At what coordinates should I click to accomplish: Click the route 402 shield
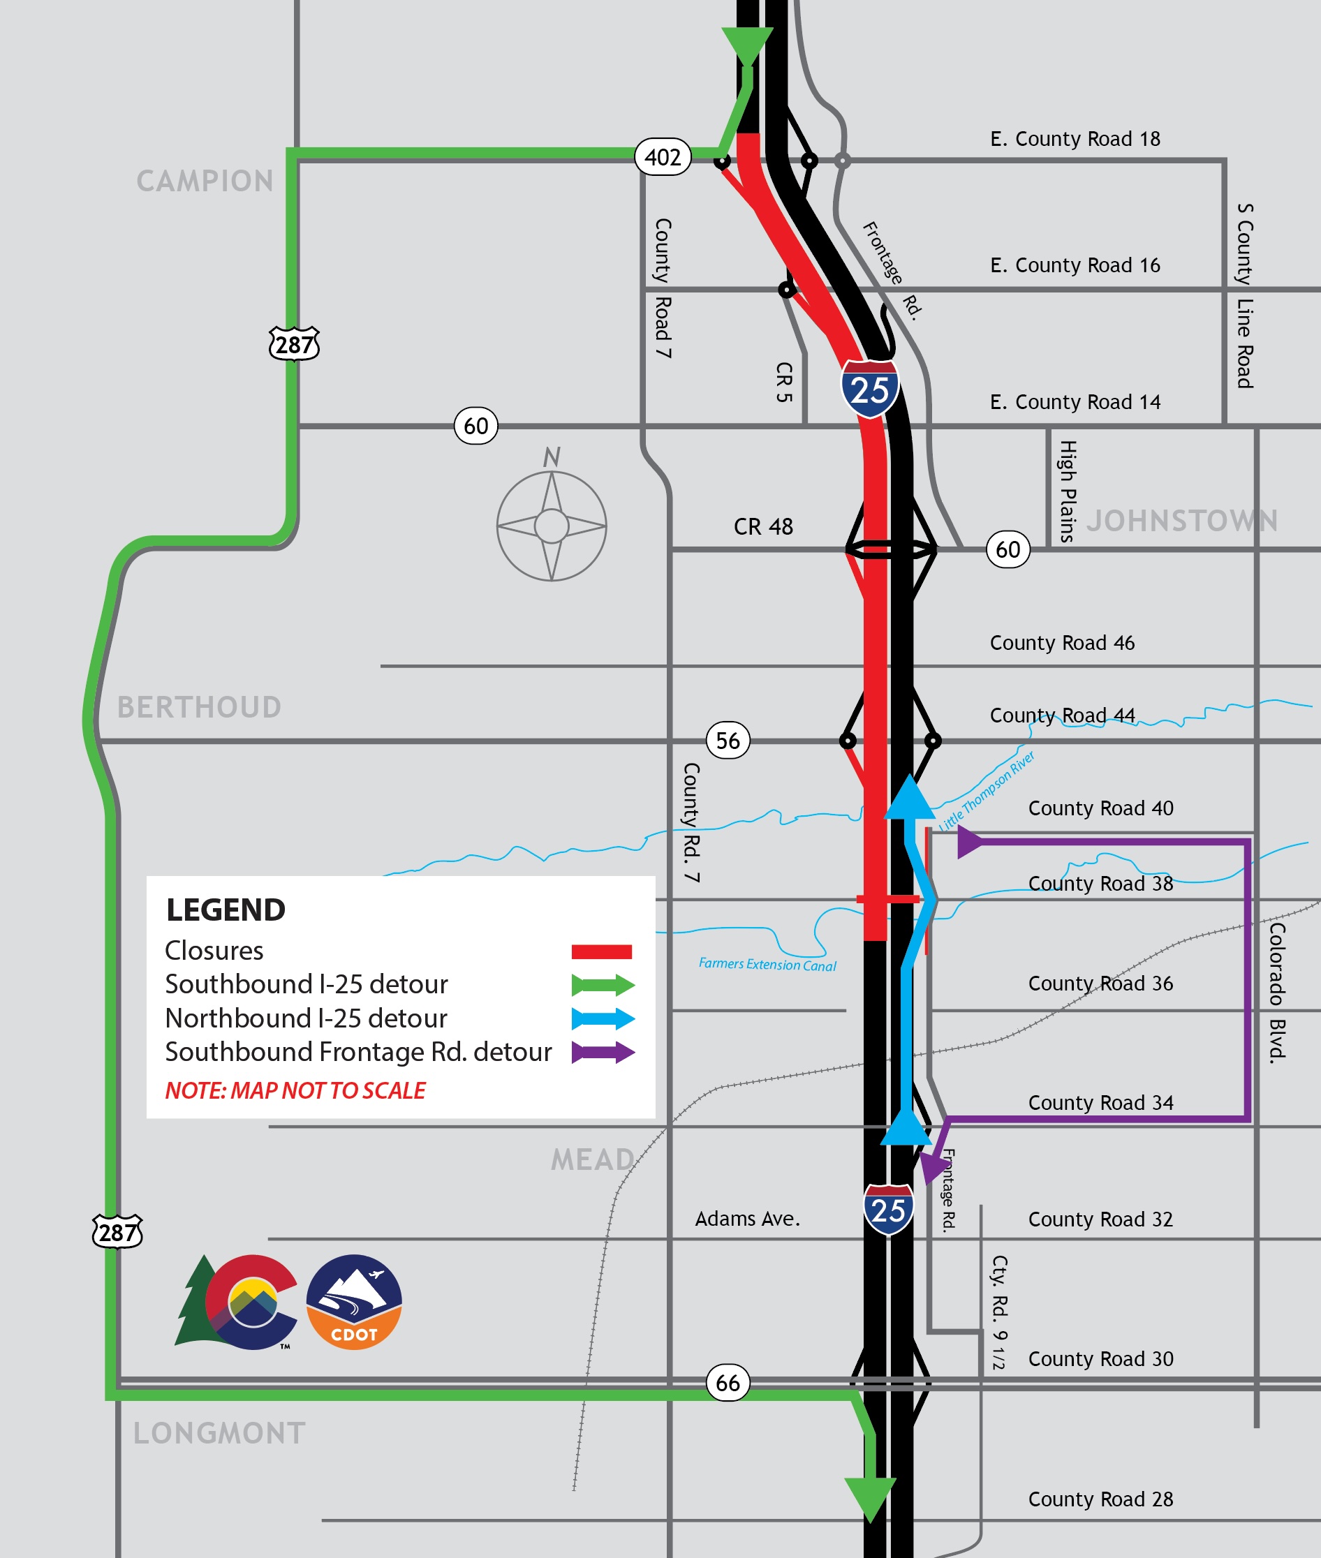point(663,157)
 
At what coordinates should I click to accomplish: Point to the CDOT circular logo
point(354,1302)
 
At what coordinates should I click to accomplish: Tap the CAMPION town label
point(205,181)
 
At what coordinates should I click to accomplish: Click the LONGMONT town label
point(219,1433)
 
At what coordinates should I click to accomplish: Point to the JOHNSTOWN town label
point(1182,520)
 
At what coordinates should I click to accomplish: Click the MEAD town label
point(593,1159)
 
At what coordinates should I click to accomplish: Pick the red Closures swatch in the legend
point(601,951)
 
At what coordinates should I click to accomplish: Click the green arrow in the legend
point(603,984)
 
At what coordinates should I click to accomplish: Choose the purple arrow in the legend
point(603,1052)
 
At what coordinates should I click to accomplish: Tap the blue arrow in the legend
point(603,1018)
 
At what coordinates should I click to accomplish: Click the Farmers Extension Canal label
point(767,964)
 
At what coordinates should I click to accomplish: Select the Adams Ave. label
point(747,1219)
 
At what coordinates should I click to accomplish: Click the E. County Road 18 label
point(1075,139)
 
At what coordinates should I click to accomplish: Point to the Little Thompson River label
point(987,791)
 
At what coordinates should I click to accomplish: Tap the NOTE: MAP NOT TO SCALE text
point(295,1090)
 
